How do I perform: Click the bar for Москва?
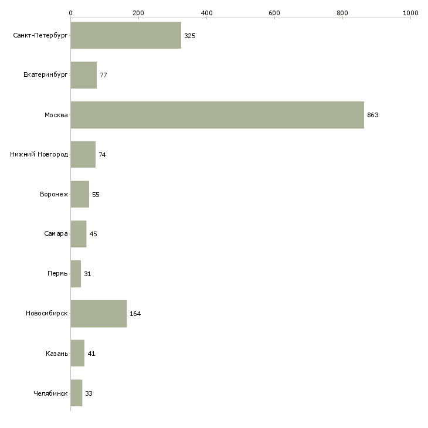(217, 115)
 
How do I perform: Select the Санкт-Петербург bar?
(125, 36)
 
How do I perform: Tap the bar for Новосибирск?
(98, 314)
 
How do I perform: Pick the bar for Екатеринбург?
(83, 76)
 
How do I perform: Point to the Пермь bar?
(76, 274)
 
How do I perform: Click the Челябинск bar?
(76, 393)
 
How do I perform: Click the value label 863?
(373, 115)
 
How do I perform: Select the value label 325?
(189, 36)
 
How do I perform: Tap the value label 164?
(135, 314)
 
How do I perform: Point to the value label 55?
(96, 195)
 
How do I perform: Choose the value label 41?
(91, 354)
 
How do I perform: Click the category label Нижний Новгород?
(39, 155)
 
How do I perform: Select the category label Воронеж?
(54, 195)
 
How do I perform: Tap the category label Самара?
(56, 234)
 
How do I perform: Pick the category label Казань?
(56, 354)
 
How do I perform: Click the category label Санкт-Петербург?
(40, 36)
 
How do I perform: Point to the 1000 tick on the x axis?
(410, 12)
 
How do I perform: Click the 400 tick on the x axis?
(206, 12)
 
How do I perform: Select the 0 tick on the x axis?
(70, 12)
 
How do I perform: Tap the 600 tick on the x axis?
(274, 12)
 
